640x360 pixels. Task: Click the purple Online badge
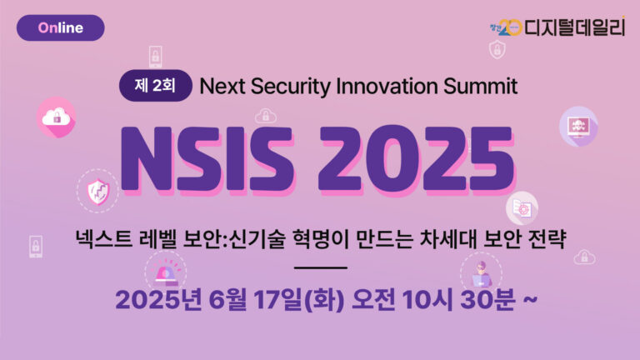point(60,27)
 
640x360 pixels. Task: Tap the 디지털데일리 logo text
point(574,27)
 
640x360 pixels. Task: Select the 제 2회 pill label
point(156,86)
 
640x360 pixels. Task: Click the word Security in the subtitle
point(291,87)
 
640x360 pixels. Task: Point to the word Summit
point(480,86)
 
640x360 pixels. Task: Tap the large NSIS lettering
point(207,160)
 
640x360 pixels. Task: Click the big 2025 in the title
point(417,160)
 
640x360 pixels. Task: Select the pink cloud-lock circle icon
point(57,117)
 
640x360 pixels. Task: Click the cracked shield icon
point(98,192)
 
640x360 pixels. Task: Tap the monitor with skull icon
point(578,126)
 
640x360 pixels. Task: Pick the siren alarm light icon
point(166,272)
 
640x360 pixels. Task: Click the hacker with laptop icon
point(481,273)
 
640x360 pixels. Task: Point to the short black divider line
point(321,267)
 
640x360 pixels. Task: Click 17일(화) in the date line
point(299,300)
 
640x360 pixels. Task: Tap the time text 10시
point(427,300)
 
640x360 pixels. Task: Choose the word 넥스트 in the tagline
point(104,239)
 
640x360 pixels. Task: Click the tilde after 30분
point(530,300)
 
